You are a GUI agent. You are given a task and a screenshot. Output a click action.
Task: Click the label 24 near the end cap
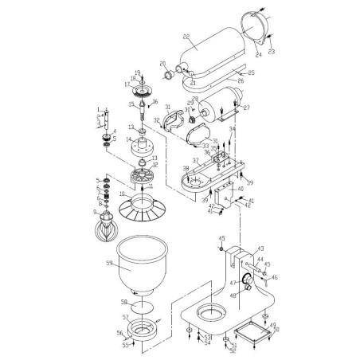point(258,54)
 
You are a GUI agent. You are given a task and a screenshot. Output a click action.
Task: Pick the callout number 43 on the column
point(260,248)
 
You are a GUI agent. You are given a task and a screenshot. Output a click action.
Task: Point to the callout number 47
point(233,283)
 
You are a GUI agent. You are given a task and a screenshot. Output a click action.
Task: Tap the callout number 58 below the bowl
point(123,303)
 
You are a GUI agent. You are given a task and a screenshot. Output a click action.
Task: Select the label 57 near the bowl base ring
point(123,317)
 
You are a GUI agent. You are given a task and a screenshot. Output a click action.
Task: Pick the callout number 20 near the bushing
point(162,64)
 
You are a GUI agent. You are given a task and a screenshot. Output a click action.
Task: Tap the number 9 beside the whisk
point(95,213)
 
